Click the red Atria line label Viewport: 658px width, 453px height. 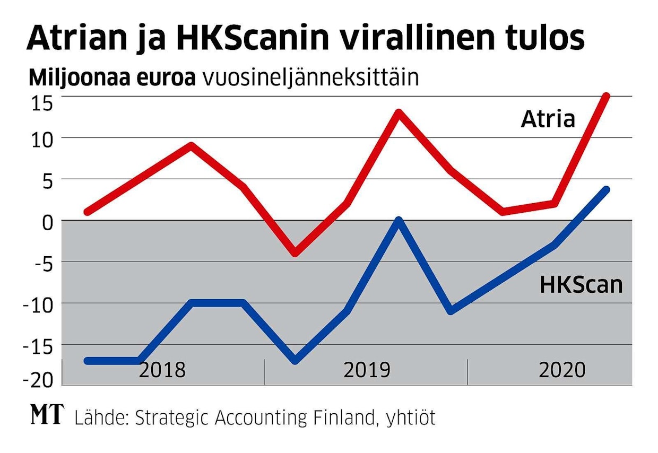pos(548,119)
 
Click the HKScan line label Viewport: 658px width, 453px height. pos(581,285)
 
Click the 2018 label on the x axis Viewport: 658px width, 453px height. pos(162,370)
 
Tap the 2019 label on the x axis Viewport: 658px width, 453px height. pos(367,370)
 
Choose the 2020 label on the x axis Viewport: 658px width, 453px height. pos(561,370)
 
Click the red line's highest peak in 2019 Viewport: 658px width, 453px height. pos(399,113)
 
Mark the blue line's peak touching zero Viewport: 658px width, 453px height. pos(399,221)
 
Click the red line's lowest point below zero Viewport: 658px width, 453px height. pos(295,253)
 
